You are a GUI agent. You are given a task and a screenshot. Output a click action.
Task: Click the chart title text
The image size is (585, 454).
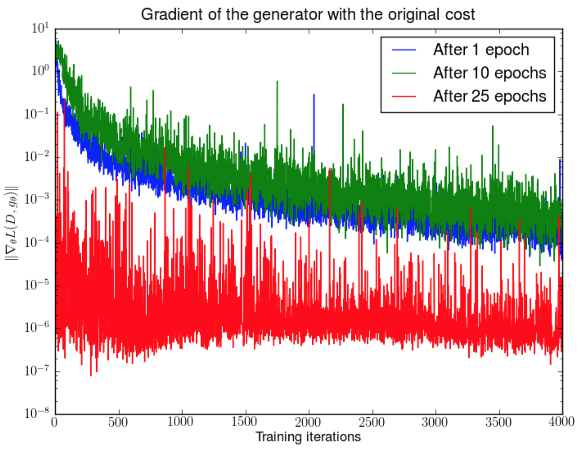[x=308, y=14]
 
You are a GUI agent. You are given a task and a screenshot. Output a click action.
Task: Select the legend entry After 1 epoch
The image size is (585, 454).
[x=481, y=50]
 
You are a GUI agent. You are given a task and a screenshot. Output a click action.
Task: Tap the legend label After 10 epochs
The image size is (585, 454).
[x=489, y=73]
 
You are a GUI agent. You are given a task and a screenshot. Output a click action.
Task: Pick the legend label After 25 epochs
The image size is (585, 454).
[x=489, y=96]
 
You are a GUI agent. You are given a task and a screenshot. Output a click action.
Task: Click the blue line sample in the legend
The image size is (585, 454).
[x=404, y=50]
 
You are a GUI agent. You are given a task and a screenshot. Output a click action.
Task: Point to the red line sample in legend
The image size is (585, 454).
[x=404, y=96]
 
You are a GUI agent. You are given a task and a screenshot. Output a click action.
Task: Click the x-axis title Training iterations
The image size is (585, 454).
[x=308, y=437]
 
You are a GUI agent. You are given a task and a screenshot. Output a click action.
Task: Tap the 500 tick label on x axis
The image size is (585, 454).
[x=118, y=422]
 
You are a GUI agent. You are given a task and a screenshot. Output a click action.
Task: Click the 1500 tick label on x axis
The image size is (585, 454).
[x=245, y=422]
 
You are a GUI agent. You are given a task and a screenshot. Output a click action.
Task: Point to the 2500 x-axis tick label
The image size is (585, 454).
[x=372, y=422]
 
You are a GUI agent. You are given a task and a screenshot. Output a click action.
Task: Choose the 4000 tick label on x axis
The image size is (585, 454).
[x=561, y=422]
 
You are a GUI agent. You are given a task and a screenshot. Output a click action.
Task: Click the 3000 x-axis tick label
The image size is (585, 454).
[x=435, y=422]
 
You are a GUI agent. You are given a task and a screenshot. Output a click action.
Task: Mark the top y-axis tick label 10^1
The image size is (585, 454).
[x=40, y=29]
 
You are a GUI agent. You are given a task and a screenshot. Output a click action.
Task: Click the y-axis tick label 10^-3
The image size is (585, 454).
[x=37, y=199]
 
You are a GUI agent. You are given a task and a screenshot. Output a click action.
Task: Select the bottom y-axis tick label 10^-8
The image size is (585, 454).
[x=37, y=413]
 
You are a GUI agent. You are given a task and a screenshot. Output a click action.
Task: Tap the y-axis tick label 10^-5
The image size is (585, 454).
[x=37, y=285]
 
